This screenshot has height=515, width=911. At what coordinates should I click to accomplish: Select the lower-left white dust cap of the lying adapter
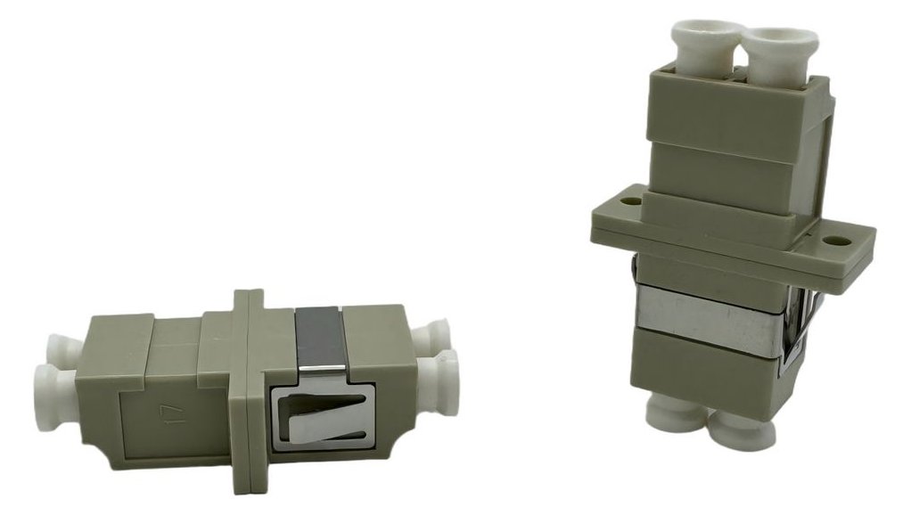click(56, 398)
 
